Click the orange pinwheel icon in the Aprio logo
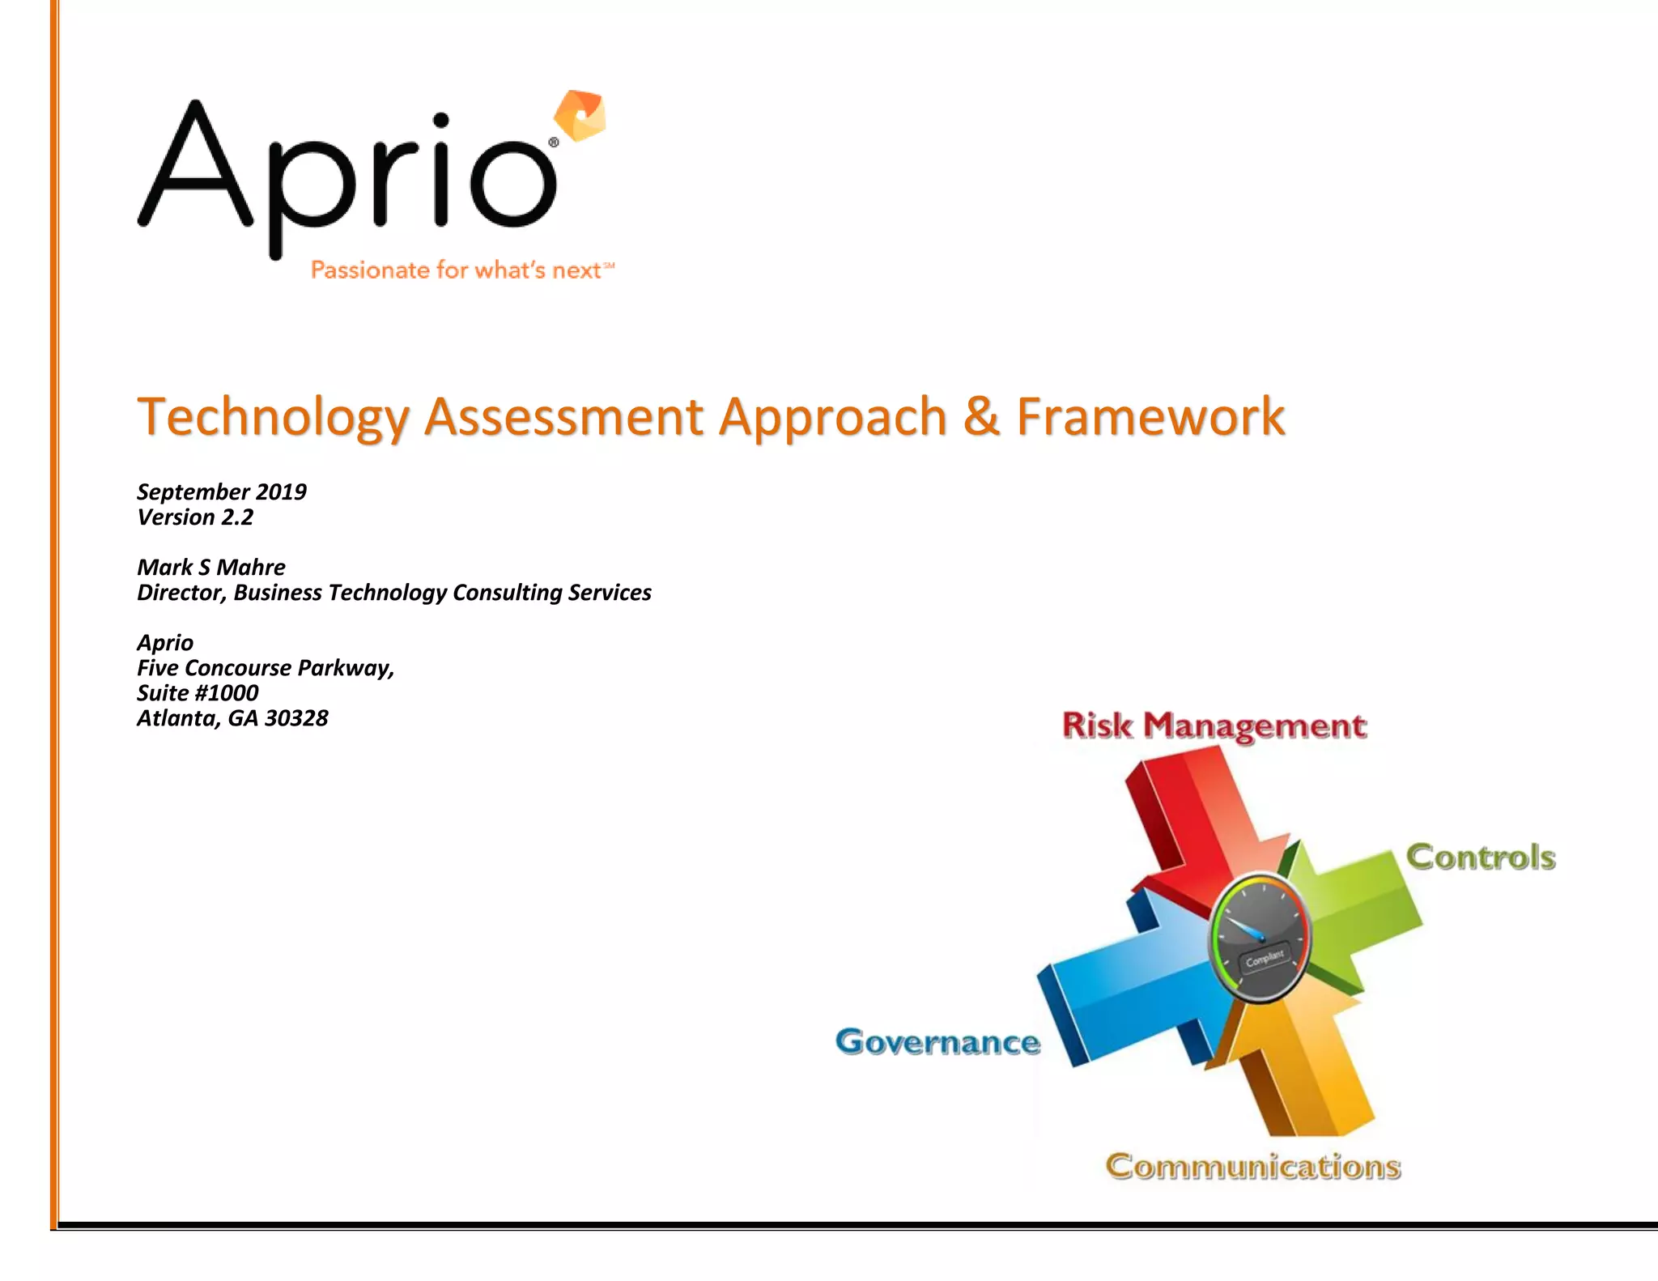point(580,115)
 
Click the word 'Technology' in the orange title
point(274,417)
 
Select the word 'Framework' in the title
point(1150,417)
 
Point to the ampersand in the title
point(981,417)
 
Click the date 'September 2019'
point(222,492)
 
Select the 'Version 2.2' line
point(195,517)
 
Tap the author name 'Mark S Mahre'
point(211,567)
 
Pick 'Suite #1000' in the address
point(198,693)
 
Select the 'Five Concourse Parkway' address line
point(266,668)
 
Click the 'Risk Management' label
point(1214,726)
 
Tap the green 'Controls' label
point(1481,858)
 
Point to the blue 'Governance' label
point(937,1042)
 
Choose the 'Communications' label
point(1253,1167)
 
